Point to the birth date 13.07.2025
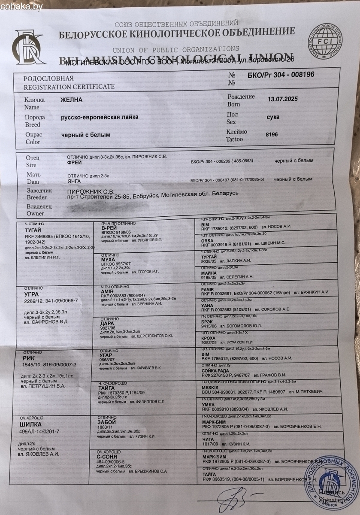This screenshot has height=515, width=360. (282, 99)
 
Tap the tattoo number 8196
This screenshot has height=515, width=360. (272, 134)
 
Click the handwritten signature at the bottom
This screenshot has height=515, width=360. (234, 497)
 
